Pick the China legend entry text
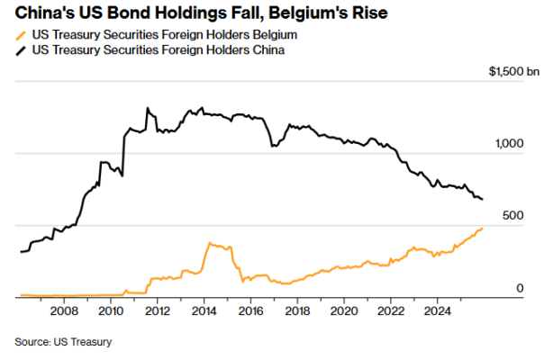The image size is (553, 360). pos(158,50)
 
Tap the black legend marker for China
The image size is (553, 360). pos(23,50)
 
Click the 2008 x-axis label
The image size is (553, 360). pos(63,312)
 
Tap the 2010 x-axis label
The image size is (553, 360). pos(110,312)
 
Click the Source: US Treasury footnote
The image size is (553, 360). pos(63,341)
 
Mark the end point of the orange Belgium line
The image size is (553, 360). pos(482,228)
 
